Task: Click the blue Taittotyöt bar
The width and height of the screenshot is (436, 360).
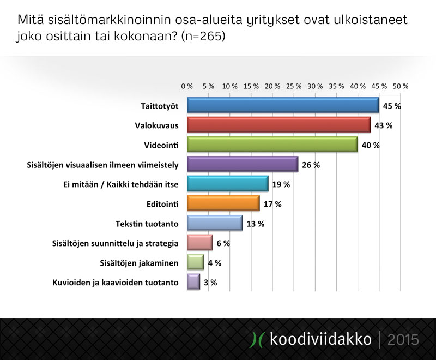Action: pyautogui.click(x=283, y=105)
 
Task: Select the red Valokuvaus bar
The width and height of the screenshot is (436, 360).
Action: pyautogui.click(x=279, y=125)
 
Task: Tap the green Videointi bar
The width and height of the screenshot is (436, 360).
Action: pyautogui.click(x=272, y=145)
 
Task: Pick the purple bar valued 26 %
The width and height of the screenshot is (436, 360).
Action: pyautogui.click(x=243, y=164)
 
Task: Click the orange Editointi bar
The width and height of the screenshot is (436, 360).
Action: pyautogui.click(x=223, y=203)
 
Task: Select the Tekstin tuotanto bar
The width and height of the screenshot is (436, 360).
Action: pyautogui.click(x=215, y=223)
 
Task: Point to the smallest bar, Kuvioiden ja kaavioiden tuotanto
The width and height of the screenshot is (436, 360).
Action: pyautogui.click(x=193, y=282)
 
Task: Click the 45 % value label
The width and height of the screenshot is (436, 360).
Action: pyautogui.click(x=392, y=106)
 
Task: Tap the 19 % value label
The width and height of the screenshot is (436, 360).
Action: pyautogui.click(x=281, y=184)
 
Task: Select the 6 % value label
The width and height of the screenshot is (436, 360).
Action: pyautogui.click(x=223, y=243)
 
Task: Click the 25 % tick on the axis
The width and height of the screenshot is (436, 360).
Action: pyautogui.click(x=294, y=86)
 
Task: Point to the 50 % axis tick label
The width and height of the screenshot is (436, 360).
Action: pyautogui.click(x=401, y=86)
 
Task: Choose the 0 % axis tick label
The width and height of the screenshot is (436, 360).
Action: pyautogui.click(x=187, y=86)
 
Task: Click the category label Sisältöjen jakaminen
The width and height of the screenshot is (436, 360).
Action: pyautogui.click(x=139, y=263)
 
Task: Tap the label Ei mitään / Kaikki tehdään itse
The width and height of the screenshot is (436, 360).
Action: pyautogui.click(x=120, y=184)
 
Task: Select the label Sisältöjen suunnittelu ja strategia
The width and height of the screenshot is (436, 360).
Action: pyautogui.click(x=115, y=244)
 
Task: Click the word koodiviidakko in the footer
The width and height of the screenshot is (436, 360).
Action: pyautogui.click(x=320, y=339)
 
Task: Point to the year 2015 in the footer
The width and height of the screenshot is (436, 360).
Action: pyautogui.click(x=403, y=340)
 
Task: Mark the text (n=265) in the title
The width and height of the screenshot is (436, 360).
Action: pyautogui.click(x=203, y=36)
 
